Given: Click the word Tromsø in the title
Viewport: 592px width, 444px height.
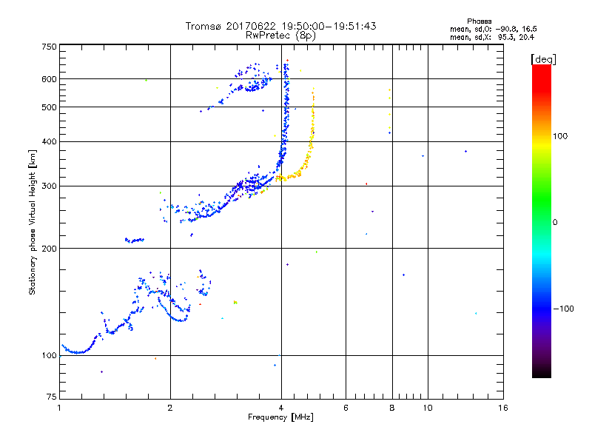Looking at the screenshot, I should pos(203,26).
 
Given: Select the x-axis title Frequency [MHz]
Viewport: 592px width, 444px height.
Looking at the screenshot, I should pos(281,418).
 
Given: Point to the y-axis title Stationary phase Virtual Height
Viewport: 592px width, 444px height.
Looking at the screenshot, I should pos(33,222).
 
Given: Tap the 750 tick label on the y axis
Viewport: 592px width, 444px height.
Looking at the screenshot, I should pos(48,47).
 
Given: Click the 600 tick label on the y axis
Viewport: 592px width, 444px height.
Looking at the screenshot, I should pos(48,79).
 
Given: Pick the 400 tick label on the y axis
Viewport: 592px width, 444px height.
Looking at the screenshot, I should pos(48,141).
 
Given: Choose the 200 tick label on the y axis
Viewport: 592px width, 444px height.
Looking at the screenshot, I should pos(48,248).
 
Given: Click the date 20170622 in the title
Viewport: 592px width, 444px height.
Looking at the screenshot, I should pos(249,26).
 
